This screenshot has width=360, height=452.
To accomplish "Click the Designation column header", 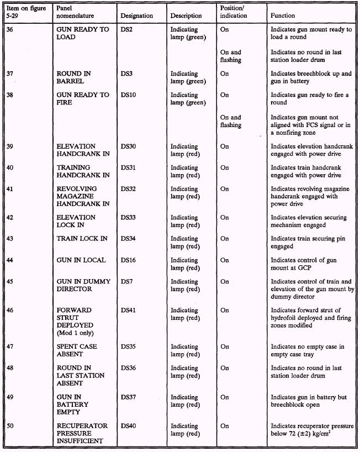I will (136, 16).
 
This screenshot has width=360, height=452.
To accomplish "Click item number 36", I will (10, 30).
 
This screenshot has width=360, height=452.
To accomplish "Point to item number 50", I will (10, 426).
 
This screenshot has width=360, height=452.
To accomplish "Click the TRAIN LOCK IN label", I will (82, 239).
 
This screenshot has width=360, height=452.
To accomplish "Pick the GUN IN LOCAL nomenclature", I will (81, 260).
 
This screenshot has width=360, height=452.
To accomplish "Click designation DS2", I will (127, 30).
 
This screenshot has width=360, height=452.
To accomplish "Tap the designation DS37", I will (129, 397).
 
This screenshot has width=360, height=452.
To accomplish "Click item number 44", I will (10, 260).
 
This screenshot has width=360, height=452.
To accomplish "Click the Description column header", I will (186, 16).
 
